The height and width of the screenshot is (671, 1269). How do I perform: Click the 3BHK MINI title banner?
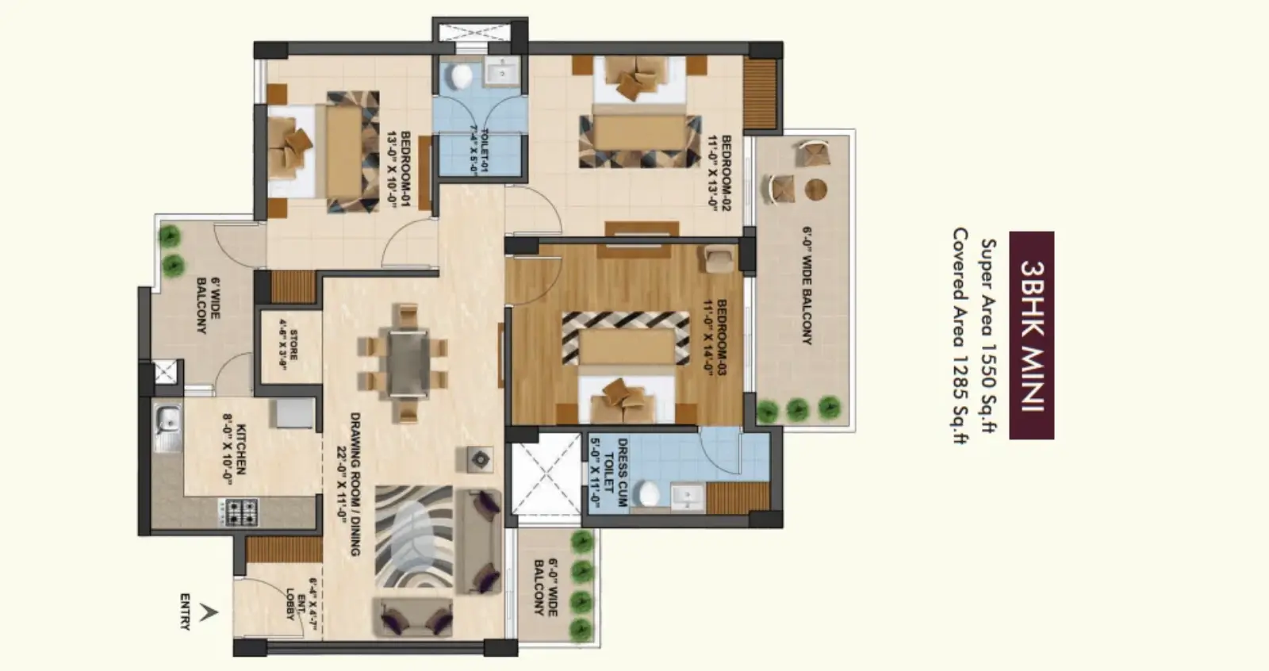point(1031,335)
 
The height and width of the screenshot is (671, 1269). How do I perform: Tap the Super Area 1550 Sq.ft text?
point(987,336)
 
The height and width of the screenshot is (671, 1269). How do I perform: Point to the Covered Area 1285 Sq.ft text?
point(960,336)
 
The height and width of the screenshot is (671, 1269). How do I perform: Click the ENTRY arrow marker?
point(209,612)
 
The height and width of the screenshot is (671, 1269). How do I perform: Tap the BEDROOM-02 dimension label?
point(719,171)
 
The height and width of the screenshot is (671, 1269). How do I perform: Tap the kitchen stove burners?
point(241,512)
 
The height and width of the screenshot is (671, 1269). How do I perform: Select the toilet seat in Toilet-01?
point(460,76)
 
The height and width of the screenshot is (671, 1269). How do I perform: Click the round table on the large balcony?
point(816,190)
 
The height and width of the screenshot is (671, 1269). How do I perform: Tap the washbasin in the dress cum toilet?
point(686,497)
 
